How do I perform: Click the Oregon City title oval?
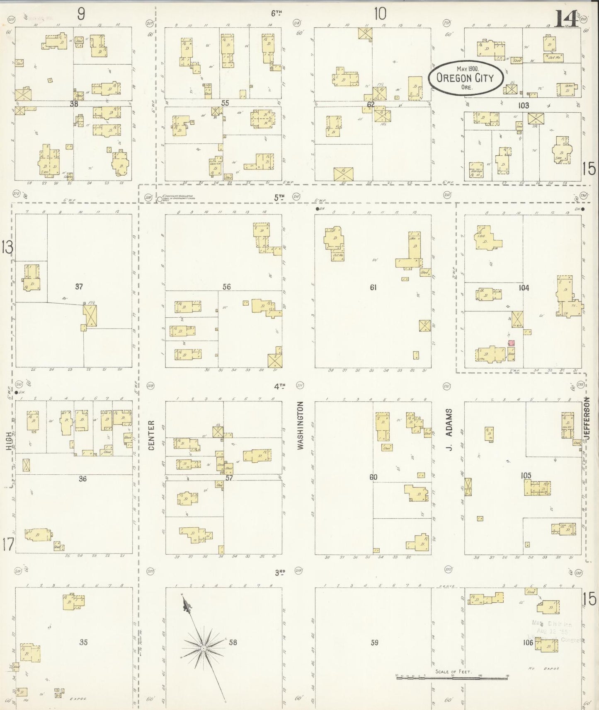pos(466,78)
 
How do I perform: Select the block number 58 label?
pos(233,642)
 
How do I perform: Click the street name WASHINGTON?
pos(301,425)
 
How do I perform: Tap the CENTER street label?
pos(151,435)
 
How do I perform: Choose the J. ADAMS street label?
pos(449,430)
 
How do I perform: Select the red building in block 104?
pos(512,343)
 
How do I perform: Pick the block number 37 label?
pos(79,286)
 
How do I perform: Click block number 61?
pos(373,287)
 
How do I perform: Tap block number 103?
pos(524,106)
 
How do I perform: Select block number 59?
pos(374,642)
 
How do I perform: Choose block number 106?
pos(528,643)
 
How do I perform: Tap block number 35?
pos(84,642)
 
